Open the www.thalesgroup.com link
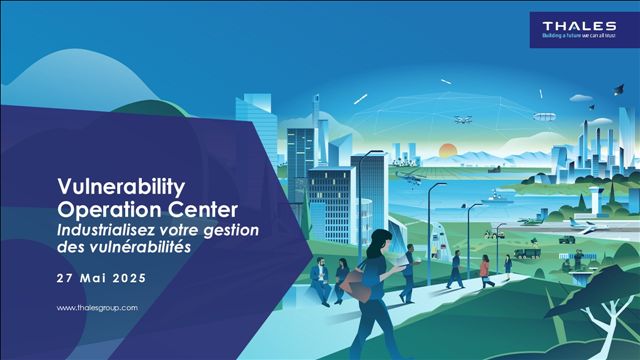(97, 308)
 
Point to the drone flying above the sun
(463, 118)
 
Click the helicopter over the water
(410, 175)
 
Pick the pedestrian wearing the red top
(485, 267)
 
